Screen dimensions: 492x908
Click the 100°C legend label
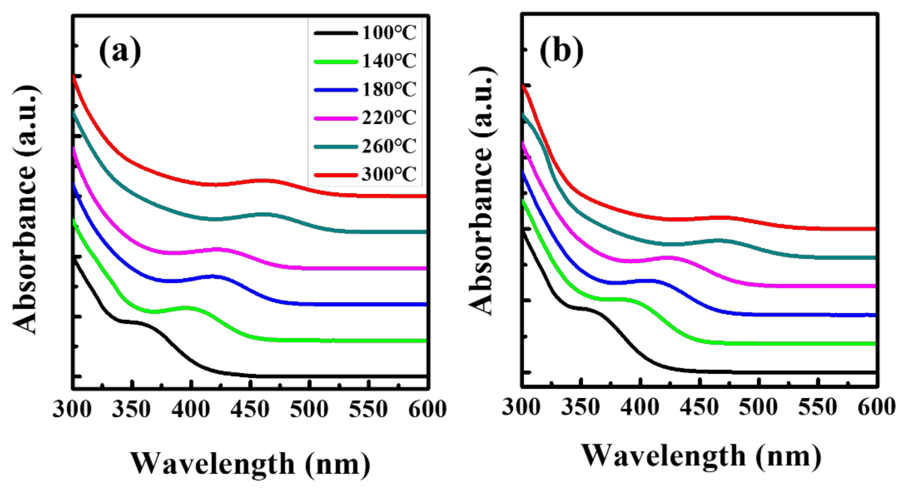(389, 33)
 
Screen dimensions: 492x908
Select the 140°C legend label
(389, 61)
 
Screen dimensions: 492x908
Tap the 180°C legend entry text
(389, 90)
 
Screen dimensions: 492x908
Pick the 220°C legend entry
(389, 118)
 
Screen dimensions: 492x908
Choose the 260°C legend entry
(389, 146)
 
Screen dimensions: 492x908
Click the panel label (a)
(120, 52)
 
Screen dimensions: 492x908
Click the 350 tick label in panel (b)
(581, 408)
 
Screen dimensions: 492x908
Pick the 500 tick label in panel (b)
(758, 408)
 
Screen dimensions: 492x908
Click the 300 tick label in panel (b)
(521, 408)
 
